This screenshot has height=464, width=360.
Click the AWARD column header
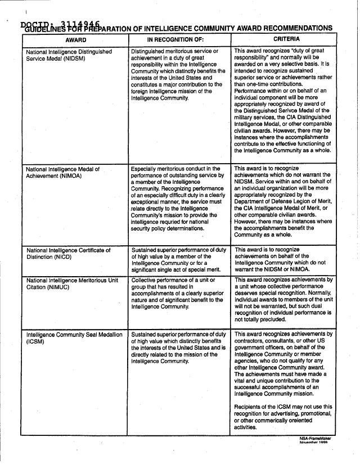click(x=75, y=40)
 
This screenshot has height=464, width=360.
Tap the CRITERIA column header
click(x=286, y=39)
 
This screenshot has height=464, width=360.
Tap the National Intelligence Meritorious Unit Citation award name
click(x=72, y=283)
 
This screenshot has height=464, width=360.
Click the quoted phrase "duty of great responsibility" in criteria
click(x=281, y=55)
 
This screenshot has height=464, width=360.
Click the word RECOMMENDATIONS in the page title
click(x=297, y=28)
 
